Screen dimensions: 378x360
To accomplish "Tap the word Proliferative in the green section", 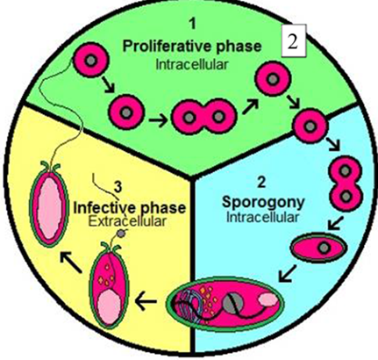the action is coord(162,47).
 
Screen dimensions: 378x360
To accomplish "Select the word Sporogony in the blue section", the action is coord(263,202).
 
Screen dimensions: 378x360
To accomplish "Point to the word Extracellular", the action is coord(127,221).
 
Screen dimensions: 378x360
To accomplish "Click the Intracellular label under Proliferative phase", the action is coord(191,64).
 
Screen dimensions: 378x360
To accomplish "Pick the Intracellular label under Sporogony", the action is coord(262,218).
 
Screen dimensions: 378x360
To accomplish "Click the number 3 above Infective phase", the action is coord(118,187).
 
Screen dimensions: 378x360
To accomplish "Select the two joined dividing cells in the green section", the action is coord(203,117).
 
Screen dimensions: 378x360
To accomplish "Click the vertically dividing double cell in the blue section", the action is coord(346,184).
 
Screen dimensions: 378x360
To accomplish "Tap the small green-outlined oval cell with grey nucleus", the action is coord(319,248).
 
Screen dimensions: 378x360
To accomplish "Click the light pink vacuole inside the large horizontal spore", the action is coord(268,299).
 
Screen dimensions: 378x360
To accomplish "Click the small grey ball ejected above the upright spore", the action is coord(120,234).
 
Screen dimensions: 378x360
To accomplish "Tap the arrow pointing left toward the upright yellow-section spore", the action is coord(146,302).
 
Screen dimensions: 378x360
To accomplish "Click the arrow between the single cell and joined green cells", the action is coord(158,120).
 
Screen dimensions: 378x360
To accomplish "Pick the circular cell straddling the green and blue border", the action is coord(310,126).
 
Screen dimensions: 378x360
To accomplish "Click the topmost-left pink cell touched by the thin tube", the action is coord(91,61).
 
